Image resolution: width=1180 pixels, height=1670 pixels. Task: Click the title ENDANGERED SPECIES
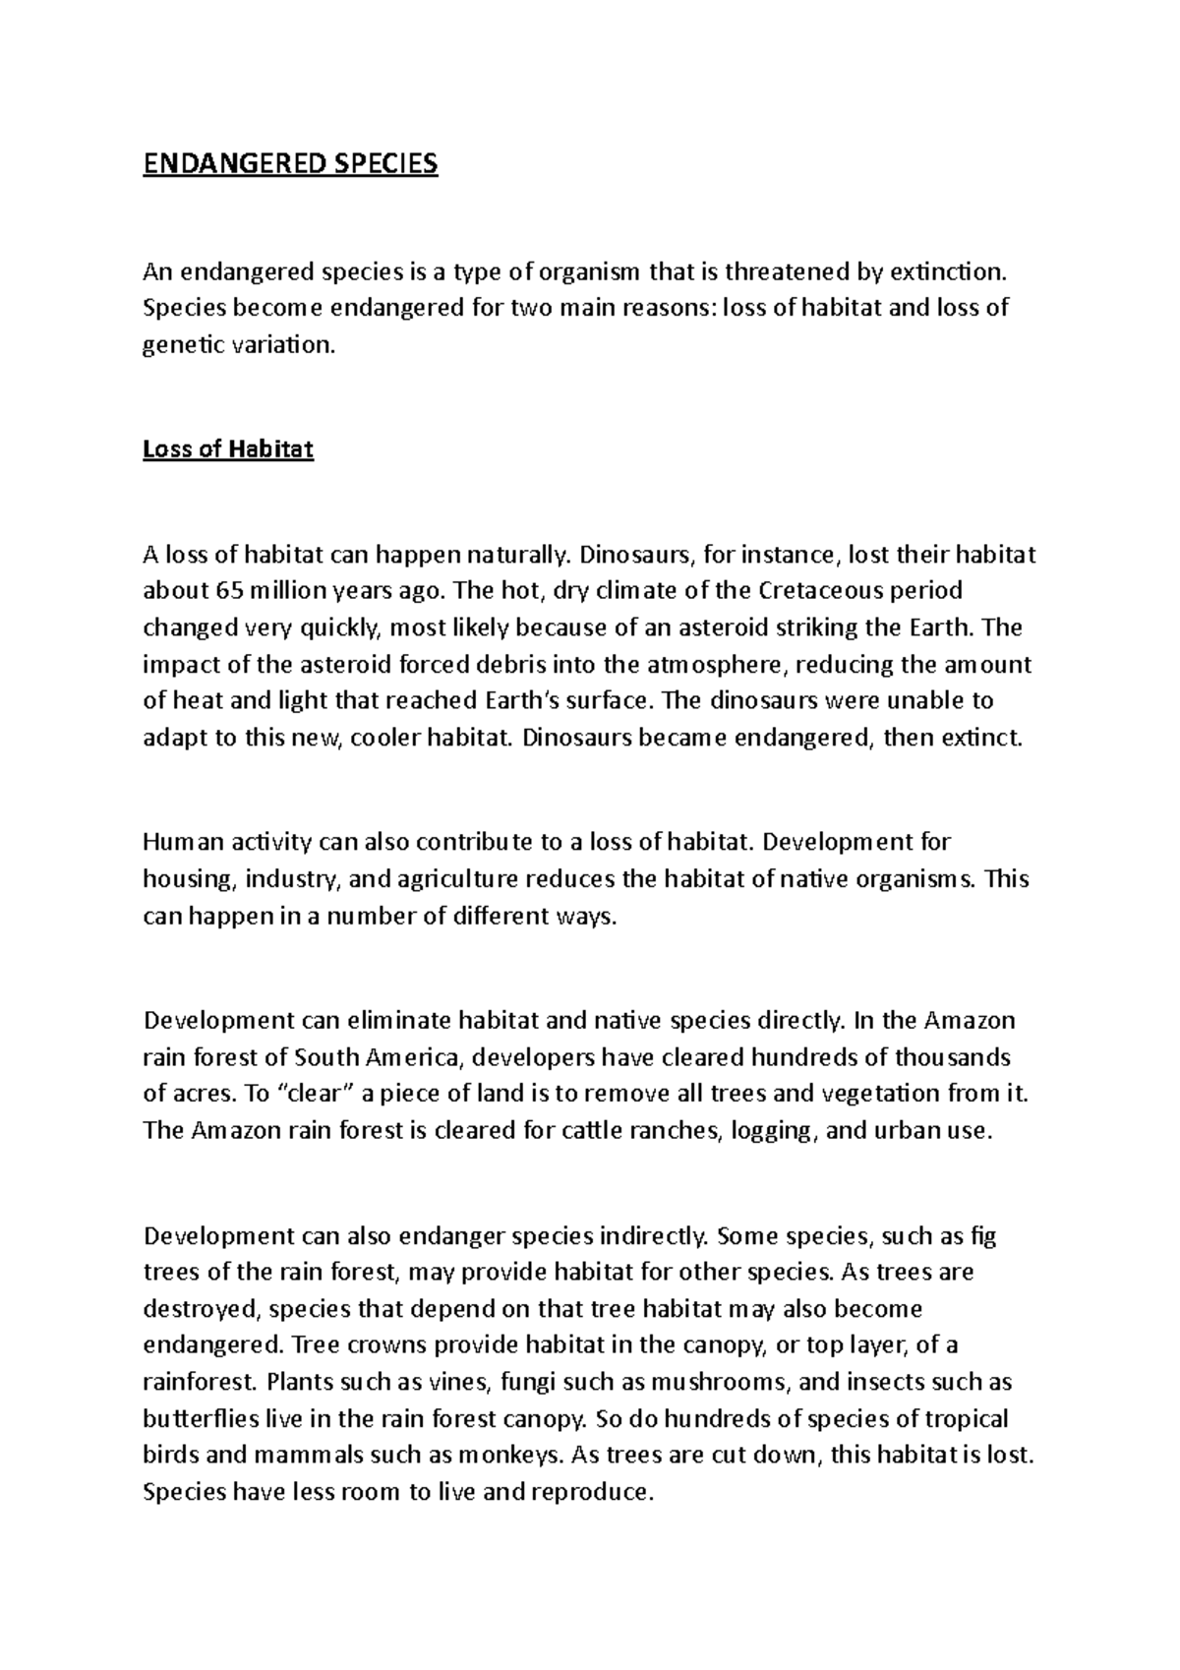290,163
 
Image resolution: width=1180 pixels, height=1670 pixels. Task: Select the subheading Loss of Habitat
228,449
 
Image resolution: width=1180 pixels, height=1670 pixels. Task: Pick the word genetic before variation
181,345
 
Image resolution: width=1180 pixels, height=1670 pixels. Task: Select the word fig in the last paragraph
983,1235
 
